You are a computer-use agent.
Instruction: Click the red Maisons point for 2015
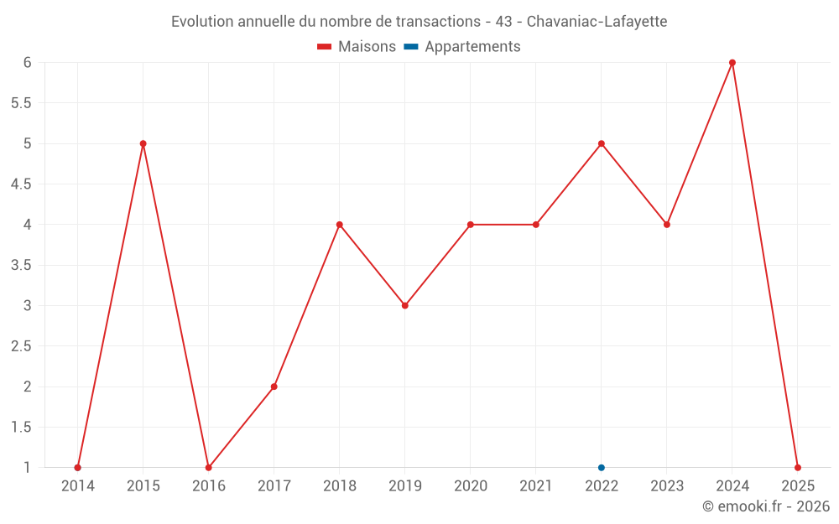coord(143,143)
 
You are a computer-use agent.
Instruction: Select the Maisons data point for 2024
coord(732,62)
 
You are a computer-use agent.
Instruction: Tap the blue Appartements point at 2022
coord(602,468)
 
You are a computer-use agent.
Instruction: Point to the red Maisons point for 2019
coord(404,305)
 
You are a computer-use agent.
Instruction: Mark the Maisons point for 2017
coord(274,387)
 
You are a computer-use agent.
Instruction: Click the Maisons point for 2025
coord(798,468)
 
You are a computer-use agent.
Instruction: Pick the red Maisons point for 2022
coord(602,143)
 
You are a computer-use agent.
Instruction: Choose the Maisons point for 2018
coord(339,225)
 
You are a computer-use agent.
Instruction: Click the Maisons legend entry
coord(357,47)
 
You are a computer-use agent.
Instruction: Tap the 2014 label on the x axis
coord(78,486)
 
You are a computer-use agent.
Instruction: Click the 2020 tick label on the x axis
coord(470,486)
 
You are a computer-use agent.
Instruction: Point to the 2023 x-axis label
coord(667,486)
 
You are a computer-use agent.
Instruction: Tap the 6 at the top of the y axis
coord(27,62)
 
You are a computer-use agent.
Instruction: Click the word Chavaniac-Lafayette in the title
coord(597,22)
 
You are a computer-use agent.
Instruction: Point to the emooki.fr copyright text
coord(766,506)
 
